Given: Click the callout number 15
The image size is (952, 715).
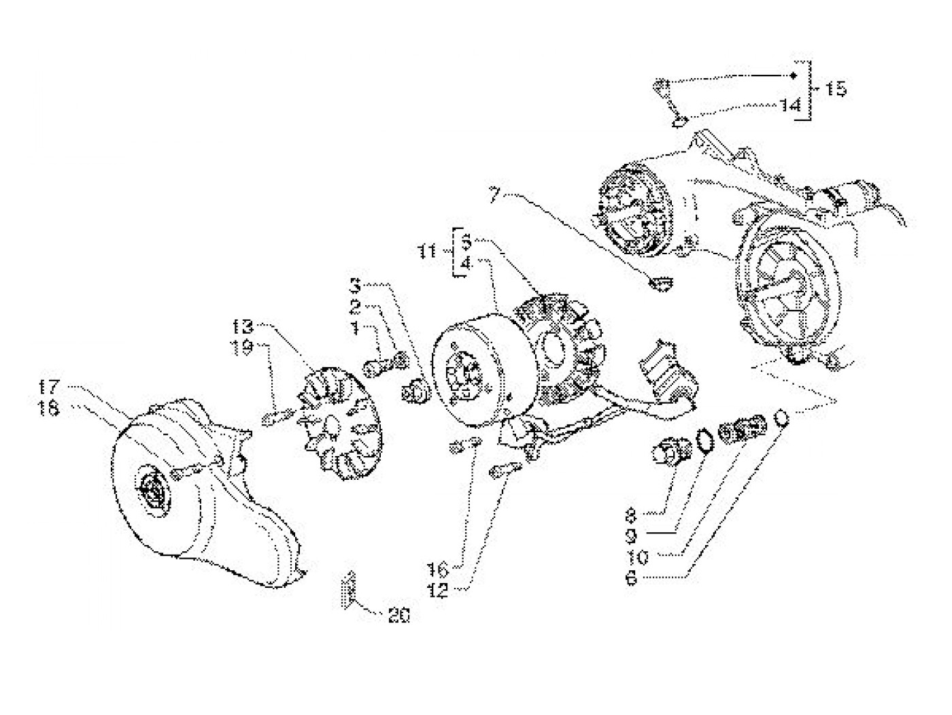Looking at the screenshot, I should coord(836,89).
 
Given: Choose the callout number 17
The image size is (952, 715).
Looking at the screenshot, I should coord(48,389).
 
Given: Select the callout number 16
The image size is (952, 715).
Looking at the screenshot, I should coord(437,569).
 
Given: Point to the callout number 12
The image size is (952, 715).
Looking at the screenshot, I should coord(439,591).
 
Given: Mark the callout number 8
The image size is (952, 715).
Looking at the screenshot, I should coord(631,514).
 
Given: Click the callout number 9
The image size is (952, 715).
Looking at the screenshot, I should coord(631,536).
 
